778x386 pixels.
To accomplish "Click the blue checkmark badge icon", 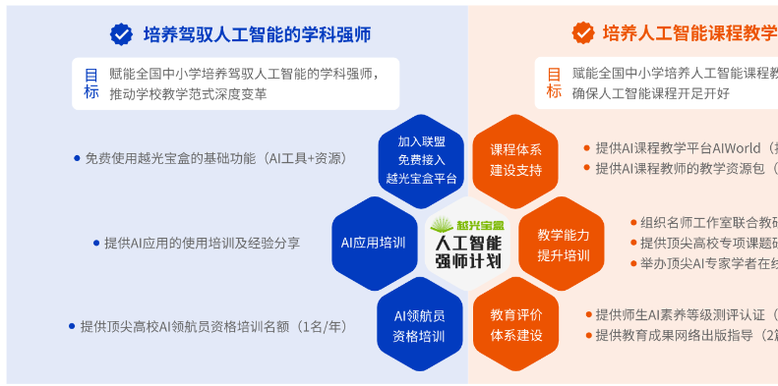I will click(121, 34).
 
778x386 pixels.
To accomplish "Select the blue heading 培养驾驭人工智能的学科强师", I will click(257, 34).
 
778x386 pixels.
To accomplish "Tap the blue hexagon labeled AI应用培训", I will click(374, 244).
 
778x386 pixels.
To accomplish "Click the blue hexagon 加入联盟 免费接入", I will click(421, 161).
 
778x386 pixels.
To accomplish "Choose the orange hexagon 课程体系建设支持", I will click(515, 160).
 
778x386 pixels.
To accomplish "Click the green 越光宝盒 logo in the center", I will click(467, 225).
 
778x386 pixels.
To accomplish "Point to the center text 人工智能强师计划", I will click(467, 252).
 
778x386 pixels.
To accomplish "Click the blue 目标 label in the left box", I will click(91, 84).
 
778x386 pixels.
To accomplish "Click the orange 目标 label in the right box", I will click(554, 84).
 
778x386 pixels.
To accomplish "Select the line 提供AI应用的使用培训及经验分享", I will click(202, 243).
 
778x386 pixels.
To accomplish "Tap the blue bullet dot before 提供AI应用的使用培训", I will click(95, 243).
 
